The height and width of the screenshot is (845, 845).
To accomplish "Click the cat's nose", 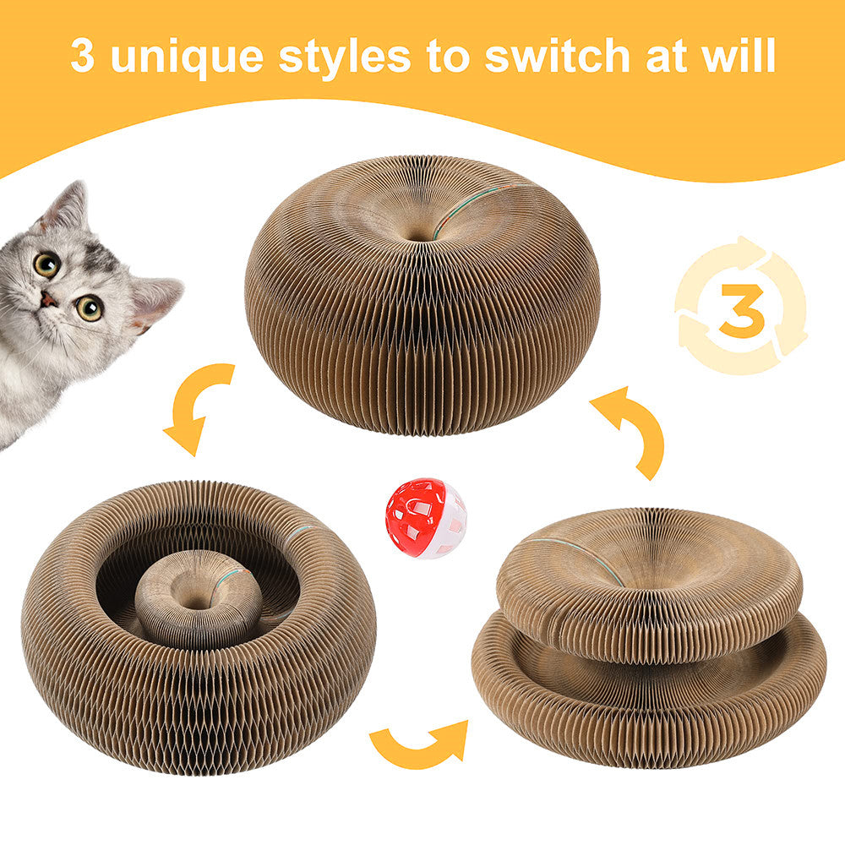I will point(49,298).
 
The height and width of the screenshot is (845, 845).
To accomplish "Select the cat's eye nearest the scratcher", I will point(90,308).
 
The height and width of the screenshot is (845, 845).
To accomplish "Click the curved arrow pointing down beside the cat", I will point(196,406).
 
